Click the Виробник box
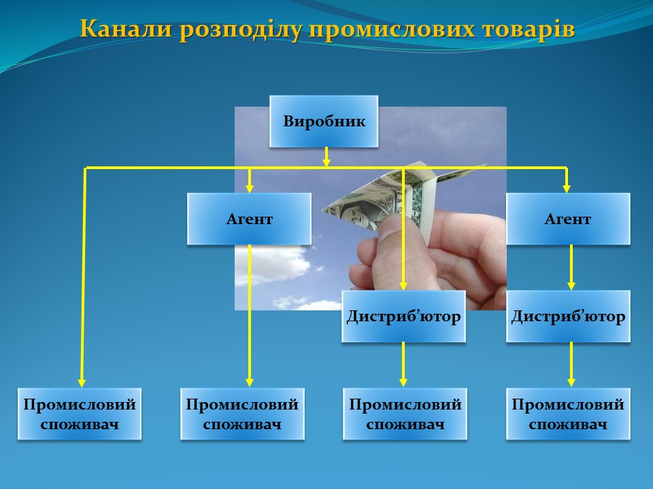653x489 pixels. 324,121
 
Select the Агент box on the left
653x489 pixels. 249,219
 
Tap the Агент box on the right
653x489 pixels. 568,219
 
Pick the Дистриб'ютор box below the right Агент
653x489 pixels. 568,316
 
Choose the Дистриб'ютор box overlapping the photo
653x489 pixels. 403,316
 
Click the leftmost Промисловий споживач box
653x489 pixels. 80,414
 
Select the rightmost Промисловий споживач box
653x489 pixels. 568,414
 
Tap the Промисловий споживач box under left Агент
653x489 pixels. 242,414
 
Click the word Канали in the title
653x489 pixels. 126,29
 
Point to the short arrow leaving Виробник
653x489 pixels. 326,157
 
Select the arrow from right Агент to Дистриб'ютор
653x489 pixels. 571,268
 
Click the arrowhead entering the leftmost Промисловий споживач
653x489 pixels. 82,382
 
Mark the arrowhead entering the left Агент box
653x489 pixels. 250,188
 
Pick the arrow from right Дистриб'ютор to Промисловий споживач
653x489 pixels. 571,365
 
